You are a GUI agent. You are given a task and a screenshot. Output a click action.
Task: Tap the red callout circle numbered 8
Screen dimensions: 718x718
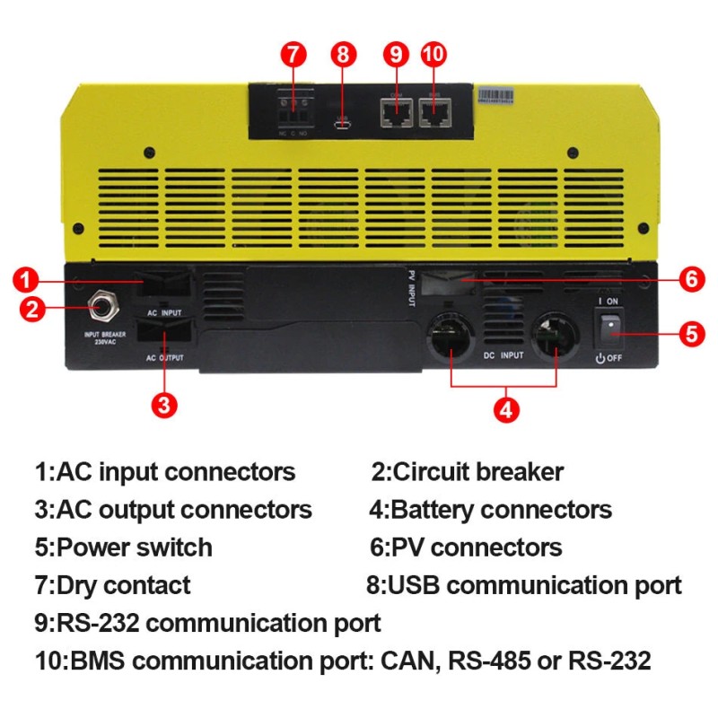point(341,53)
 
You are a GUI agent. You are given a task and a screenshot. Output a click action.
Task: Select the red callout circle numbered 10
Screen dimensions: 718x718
point(433,53)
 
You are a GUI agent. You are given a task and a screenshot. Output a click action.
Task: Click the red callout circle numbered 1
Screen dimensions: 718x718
point(28,279)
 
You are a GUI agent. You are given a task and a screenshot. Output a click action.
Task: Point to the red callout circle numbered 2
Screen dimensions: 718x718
point(31,311)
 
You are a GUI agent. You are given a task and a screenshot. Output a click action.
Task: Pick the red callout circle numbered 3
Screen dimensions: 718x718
point(162,404)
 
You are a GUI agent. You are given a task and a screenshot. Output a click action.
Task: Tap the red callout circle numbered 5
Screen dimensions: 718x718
point(690,334)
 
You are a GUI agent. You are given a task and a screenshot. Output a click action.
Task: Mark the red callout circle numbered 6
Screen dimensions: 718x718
point(690,279)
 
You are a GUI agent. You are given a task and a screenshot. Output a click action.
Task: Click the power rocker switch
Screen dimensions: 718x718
point(611,329)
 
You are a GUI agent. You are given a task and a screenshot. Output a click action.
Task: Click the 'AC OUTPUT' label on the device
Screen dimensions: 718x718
point(164,357)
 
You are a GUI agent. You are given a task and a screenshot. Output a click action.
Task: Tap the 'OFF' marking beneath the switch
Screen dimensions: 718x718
point(614,358)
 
